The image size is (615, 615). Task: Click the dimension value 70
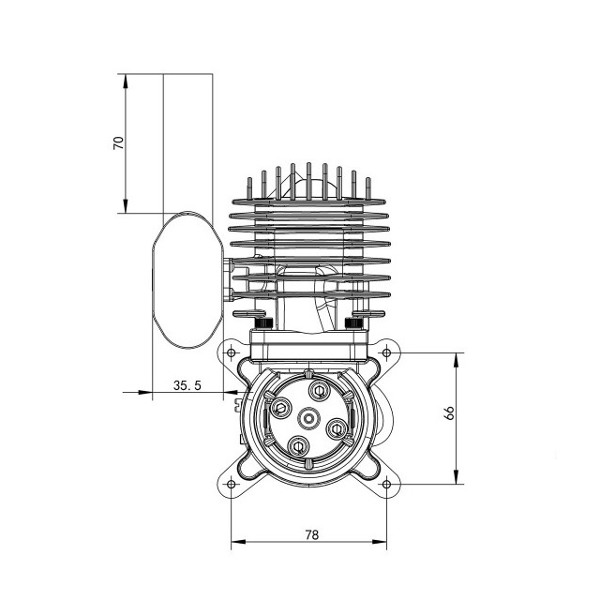pyautogui.click(x=117, y=142)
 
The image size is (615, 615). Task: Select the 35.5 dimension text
pyautogui.click(x=187, y=384)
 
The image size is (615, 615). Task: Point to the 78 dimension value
pyautogui.click(x=311, y=534)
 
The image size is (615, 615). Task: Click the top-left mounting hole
pyautogui.click(x=231, y=353)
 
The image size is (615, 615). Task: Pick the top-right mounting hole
pyautogui.click(x=385, y=353)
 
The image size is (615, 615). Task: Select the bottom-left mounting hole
pyautogui.click(x=231, y=484)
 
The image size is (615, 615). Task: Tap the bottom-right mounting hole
pyautogui.click(x=385, y=484)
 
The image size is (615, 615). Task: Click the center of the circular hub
pyautogui.click(x=308, y=416)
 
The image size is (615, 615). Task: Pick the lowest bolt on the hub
pyautogui.click(x=299, y=445)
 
